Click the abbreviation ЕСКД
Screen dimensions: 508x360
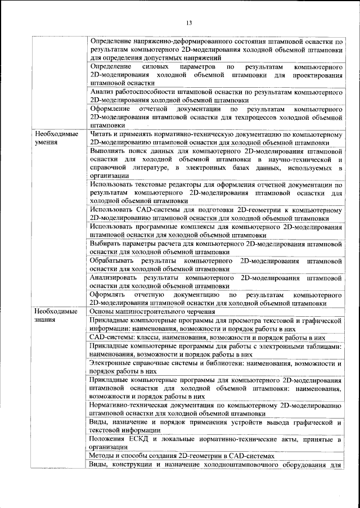coord(141,438)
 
